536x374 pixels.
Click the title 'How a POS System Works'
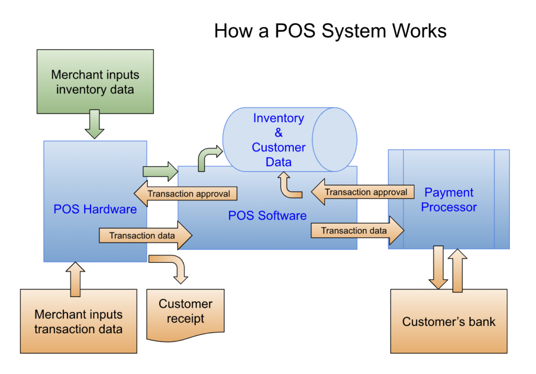coord(330,31)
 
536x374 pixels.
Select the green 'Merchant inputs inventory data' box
coord(95,82)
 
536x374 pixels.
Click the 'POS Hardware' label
coord(95,210)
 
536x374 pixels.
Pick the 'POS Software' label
coord(267,215)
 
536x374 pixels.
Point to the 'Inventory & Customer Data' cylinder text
coord(278,140)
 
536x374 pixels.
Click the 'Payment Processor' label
coord(449,200)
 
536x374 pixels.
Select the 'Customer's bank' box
coord(449,321)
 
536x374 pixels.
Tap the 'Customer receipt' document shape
coord(185,312)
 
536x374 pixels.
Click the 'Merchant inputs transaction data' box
coord(78,322)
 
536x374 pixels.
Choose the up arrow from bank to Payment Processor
coord(457,269)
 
